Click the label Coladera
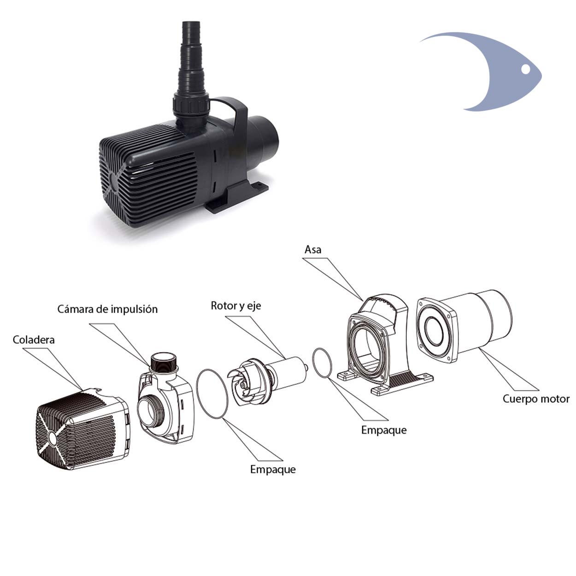pyautogui.click(x=34, y=340)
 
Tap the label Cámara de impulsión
pyautogui.click(x=108, y=309)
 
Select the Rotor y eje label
pyautogui.click(x=236, y=306)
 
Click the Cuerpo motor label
pyautogui.click(x=536, y=399)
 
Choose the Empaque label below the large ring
pyautogui.click(x=273, y=469)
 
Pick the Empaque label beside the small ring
pyautogui.click(x=384, y=430)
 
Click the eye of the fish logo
pyautogui.click(x=526, y=69)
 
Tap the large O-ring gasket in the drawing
pyautogui.click(x=212, y=394)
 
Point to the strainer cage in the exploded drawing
pyautogui.click(x=83, y=429)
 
